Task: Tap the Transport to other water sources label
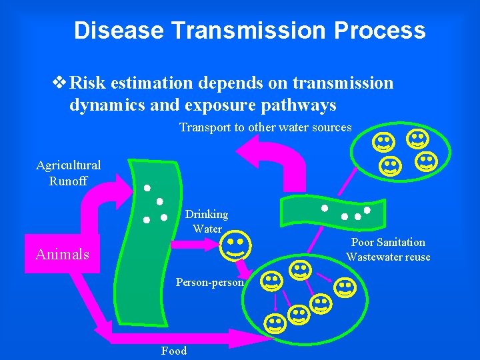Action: (x=265, y=127)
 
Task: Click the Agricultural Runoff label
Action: (x=68, y=173)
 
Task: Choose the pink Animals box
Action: (x=62, y=254)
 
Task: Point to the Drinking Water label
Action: (x=207, y=221)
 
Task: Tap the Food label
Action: (x=174, y=351)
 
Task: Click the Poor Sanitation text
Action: (x=388, y=242)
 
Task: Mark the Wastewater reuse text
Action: (x=388, y=257)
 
